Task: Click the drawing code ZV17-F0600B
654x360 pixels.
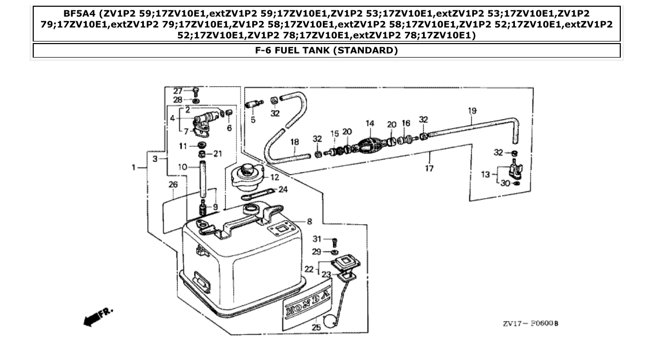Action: point(530,324)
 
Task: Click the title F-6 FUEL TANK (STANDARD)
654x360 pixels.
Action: point(326,50)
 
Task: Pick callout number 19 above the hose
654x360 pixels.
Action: point(472,111)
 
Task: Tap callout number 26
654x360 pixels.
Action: point(173,185)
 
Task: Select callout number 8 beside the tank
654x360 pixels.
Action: point(309,221)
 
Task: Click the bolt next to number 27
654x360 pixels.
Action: point(196,91)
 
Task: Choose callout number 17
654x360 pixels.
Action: point(429,168)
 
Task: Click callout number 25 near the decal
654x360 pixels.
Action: point(316,327)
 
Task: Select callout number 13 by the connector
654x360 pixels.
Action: point(485,174)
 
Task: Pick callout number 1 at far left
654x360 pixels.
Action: point(133,168)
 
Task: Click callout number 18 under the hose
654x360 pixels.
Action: point(294,142)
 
